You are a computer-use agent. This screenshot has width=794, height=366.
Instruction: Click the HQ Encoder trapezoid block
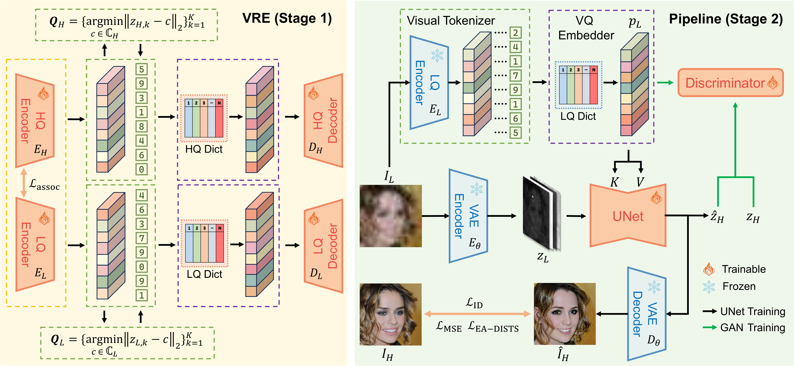35,121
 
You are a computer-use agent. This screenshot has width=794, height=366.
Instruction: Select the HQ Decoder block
324,121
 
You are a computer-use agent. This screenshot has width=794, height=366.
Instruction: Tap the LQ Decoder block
324,246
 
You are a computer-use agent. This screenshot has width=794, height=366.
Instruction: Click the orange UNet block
628,216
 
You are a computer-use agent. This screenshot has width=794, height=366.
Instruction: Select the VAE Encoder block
468,216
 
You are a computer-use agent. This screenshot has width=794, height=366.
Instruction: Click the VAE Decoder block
647,314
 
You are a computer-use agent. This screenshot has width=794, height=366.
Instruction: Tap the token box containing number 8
142,126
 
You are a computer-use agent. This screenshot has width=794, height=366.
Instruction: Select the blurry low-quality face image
390,216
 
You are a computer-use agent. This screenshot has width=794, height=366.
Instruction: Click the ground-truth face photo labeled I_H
390,314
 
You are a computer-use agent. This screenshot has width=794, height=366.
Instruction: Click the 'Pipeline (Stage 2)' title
726,19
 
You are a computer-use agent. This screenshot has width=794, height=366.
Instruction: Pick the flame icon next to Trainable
709,269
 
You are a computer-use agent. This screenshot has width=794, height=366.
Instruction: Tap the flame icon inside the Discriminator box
773,83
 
